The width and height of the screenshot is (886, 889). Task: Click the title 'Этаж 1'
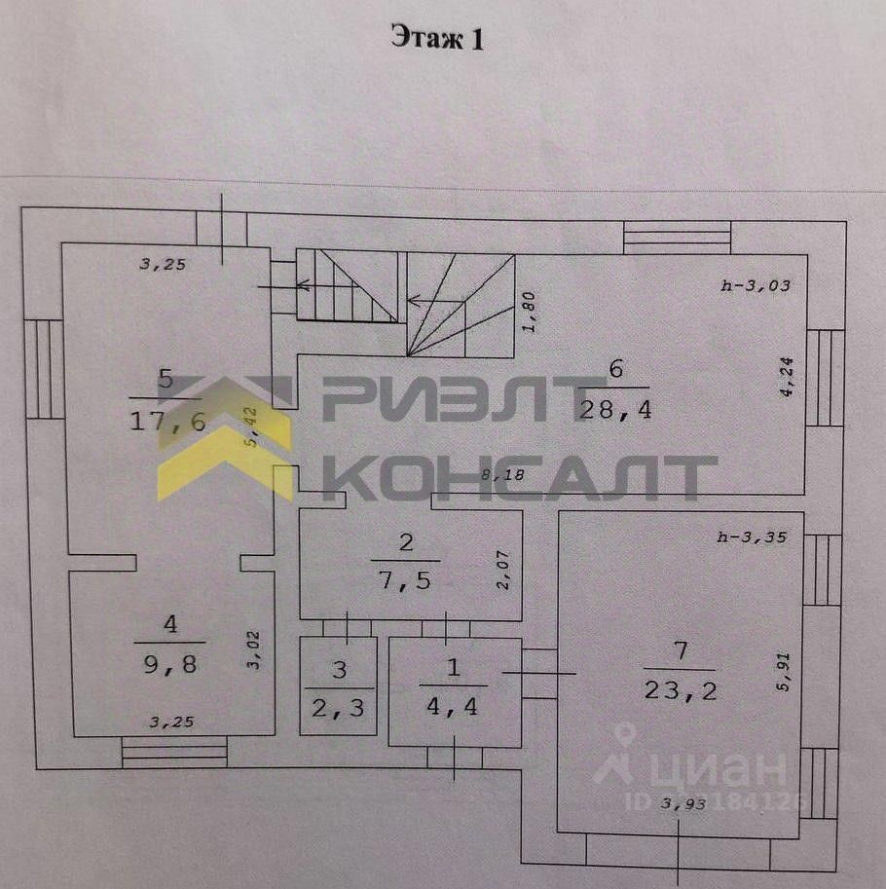[437, 38]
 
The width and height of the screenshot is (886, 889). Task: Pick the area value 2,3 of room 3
[338, 708]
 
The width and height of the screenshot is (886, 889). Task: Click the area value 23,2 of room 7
[679, 690]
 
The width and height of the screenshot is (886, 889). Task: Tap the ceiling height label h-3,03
[755, 286]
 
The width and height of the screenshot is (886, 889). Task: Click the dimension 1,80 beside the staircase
[529, 313]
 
